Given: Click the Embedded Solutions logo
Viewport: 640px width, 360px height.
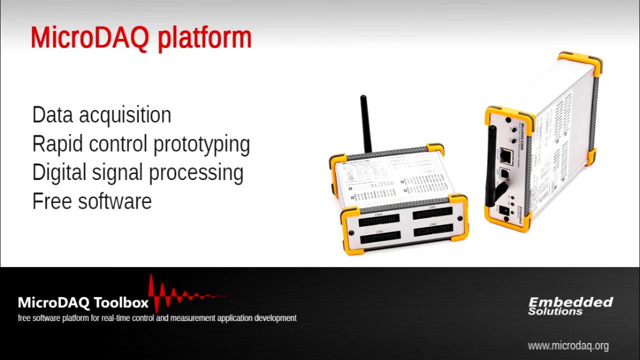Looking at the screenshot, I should [570, 306].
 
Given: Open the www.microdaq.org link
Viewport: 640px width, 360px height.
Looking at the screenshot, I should [568, 345].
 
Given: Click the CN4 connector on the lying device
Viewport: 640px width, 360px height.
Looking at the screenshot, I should [379, 219].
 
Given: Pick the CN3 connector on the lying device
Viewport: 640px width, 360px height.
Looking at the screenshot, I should [432, 213].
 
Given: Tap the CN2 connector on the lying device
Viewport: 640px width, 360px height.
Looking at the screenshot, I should [433, 230].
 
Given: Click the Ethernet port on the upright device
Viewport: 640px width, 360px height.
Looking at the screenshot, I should [505, 156].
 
